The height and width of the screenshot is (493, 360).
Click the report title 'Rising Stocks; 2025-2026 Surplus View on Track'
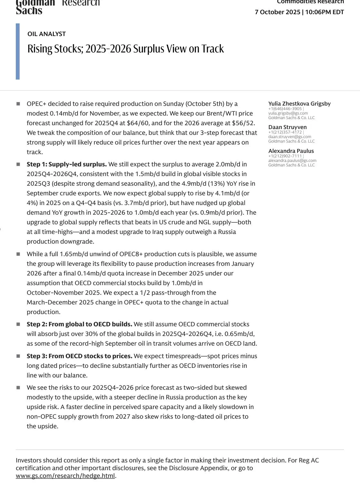pyautogui.click(x=125, y=49)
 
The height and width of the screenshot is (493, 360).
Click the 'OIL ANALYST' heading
pyautogui.click(x=46, y=34)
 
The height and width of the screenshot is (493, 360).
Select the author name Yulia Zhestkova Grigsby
pyautogui.click(x=299, y=104)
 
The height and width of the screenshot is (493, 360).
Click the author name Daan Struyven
pyautogui.click(x=287, y=127)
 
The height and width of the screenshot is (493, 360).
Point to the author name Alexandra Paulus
pyautogui.click(x=291, y=151)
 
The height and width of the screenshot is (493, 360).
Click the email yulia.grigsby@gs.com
pyautogui.click(x=288, y=113)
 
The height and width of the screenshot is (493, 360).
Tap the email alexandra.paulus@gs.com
pyautogui.click(x=292, y=161)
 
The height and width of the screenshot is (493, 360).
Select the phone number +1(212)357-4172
pyautogui.click(x=285, y=132)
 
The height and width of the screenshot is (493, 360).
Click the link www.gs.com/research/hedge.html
pyautogui.click(x=65, y=476)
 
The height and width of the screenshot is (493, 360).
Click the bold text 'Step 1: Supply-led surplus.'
pyautogui.click(x=67, y=164)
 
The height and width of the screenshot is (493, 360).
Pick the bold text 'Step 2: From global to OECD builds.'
pyautogui.click(x=79, y=324)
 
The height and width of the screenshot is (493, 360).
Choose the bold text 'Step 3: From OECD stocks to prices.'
pyautogui.click(x=79, y=356)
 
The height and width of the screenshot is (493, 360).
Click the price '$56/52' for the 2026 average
pyautogui.click(x=243, y=123)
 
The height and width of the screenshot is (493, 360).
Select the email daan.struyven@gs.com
pyautogui.click(x=289, y=137)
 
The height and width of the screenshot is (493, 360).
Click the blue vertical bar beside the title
pyautogui.click(x=18, y=51)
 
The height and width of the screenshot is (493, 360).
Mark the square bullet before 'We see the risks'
pyautogui.click(x=18, y=388)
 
